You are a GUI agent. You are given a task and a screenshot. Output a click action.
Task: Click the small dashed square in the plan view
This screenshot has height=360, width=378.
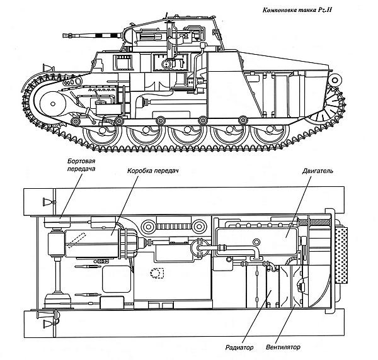point(155,273)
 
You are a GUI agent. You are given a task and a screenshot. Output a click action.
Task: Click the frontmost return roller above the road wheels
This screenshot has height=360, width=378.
point(76,120)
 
